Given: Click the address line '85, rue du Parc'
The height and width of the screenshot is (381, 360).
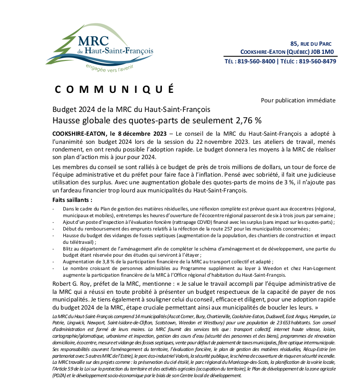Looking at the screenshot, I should [313, 43].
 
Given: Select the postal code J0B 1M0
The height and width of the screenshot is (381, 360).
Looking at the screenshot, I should [323, 51].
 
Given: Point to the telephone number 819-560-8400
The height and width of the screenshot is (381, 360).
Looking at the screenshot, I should [256, 61].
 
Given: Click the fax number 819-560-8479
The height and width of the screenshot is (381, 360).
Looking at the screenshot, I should [318, 61].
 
